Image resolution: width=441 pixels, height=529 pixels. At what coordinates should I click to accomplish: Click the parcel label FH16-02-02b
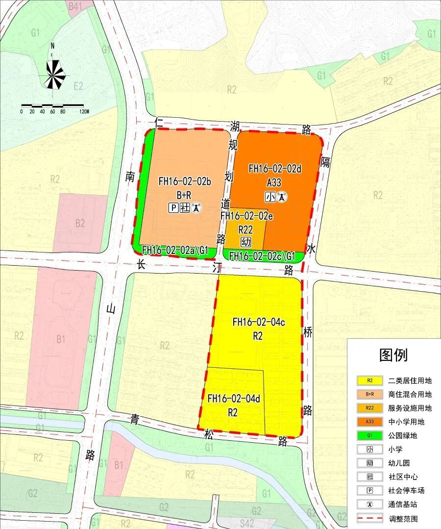tap(184, 181)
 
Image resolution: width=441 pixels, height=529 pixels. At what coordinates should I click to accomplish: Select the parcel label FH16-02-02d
tap(274, 169)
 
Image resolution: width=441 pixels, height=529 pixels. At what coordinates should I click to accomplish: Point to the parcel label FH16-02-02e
tap(246, 215)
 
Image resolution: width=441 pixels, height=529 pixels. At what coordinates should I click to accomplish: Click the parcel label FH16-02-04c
tap(258, 322)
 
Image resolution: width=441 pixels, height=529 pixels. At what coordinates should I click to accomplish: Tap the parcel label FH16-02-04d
tap(233, 399)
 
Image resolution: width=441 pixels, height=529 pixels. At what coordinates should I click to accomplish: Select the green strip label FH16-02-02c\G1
tap(262, 256)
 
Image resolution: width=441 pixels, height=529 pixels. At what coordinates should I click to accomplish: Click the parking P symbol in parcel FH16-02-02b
tap(172, 208)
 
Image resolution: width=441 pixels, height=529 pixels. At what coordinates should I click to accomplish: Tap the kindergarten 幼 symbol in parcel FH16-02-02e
tap(246, 242)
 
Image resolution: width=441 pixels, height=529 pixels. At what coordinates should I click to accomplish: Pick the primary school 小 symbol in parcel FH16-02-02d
tap(270, 197)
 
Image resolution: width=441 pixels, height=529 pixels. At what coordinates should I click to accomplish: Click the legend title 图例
tap(393, 355)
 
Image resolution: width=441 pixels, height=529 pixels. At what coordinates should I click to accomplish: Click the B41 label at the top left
tap(75, 6)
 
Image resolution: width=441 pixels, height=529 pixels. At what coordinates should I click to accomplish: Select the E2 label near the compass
tap(78, 86)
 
